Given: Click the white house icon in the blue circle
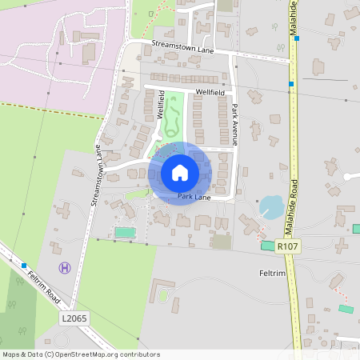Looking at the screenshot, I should coord(179,172).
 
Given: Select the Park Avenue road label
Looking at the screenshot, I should coord(235,120).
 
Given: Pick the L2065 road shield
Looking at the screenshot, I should coord(73,318).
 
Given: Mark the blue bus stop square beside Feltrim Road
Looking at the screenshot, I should coord(25,266).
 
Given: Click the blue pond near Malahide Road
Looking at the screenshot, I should coord(271,207).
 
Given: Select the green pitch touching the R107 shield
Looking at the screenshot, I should coord(267,245).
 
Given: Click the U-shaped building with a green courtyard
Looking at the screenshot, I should coord(166,291).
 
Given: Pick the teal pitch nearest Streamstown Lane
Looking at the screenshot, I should coord(124,232).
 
